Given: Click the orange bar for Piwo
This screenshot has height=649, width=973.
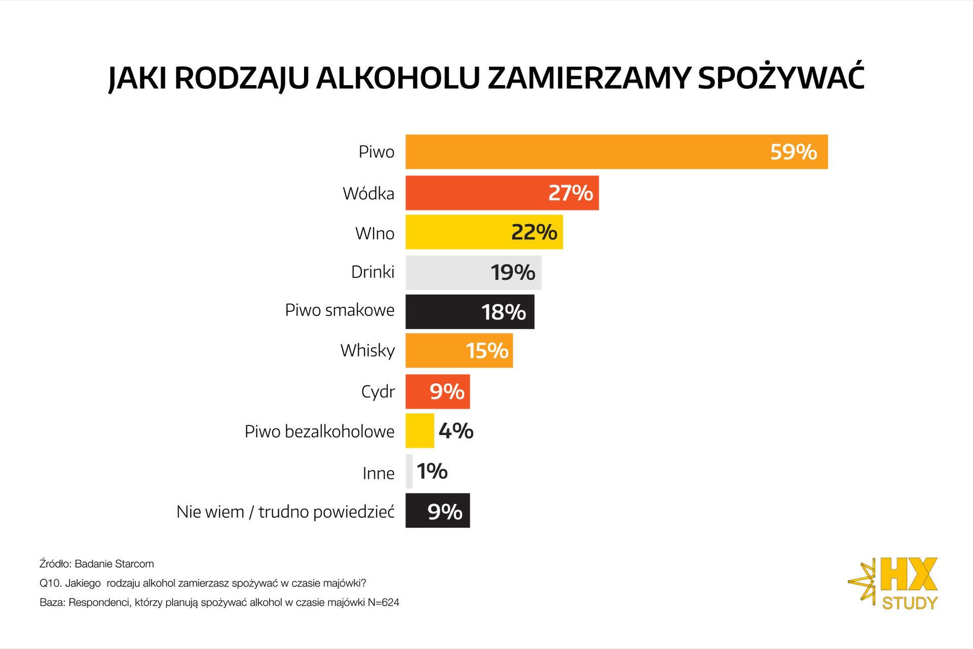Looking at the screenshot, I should [583, 152].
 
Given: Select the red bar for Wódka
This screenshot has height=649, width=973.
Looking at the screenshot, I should [476, 193].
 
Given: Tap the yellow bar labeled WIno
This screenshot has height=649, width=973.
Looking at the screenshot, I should [456, 232].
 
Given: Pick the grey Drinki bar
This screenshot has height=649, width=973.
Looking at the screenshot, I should [446, 272].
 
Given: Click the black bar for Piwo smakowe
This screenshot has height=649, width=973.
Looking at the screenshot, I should [441, 311].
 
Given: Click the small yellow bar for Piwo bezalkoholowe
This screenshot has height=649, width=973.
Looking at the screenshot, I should [420, 431].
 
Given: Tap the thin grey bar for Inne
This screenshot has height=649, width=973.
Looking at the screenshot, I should [409, 472].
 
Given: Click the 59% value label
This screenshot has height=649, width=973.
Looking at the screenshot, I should [794, 152].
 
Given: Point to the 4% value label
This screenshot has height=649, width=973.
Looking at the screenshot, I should [456, 431].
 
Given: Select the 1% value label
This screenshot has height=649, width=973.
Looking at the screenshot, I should [432, 472].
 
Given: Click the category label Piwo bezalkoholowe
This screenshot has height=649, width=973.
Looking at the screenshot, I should [319, 431].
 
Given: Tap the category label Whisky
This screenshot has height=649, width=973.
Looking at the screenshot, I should [367, 350].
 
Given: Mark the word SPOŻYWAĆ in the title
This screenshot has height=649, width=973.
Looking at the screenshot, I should [780, 77].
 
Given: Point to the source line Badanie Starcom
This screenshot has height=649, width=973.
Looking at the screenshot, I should [97, 564].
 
